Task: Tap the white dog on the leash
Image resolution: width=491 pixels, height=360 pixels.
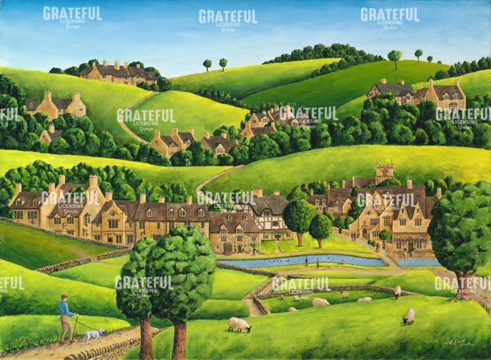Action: tap(93, 335)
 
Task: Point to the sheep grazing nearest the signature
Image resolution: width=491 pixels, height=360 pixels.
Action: tap(408, 316)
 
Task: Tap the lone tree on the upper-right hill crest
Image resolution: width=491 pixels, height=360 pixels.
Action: tap(395, 56)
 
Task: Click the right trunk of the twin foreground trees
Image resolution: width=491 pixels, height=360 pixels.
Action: tap(180, 337)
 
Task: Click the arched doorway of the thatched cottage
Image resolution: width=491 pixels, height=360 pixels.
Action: tap(252, 249)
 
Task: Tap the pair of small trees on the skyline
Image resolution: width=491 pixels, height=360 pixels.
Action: tap(215, 63)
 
